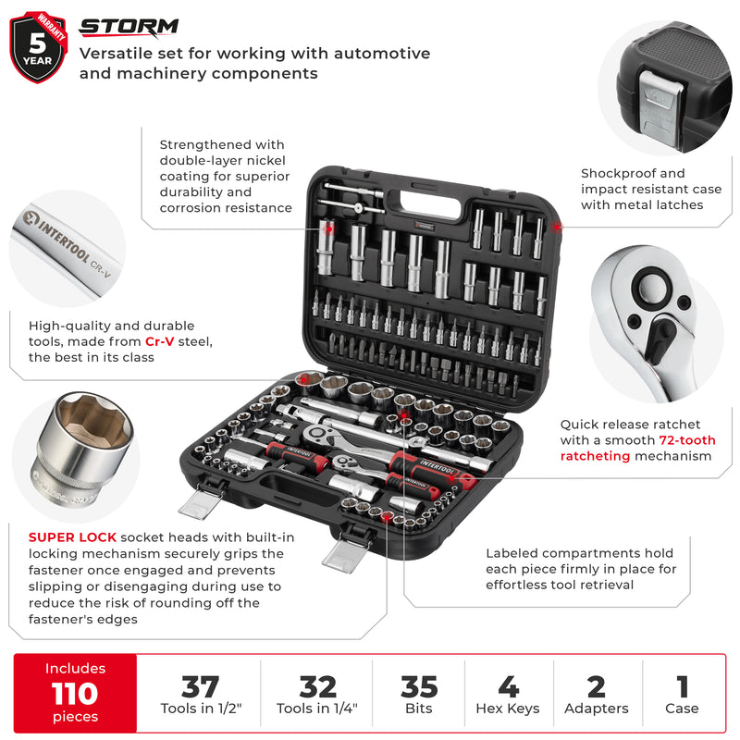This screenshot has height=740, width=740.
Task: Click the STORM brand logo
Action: (129, 26)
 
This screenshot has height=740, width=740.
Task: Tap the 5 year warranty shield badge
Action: (39, 46)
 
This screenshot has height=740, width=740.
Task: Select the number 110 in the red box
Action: (75, 692)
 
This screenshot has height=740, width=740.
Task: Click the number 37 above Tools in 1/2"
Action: (200, 687)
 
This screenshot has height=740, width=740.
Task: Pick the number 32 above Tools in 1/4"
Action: (317, 687)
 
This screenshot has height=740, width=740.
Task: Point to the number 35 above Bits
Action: (419, 687)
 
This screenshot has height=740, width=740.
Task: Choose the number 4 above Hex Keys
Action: (508, 687)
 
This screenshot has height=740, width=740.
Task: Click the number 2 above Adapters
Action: (597, 687)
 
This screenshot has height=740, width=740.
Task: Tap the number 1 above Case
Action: (683, 687)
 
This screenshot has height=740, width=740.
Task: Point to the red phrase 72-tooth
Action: (683, 440)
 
